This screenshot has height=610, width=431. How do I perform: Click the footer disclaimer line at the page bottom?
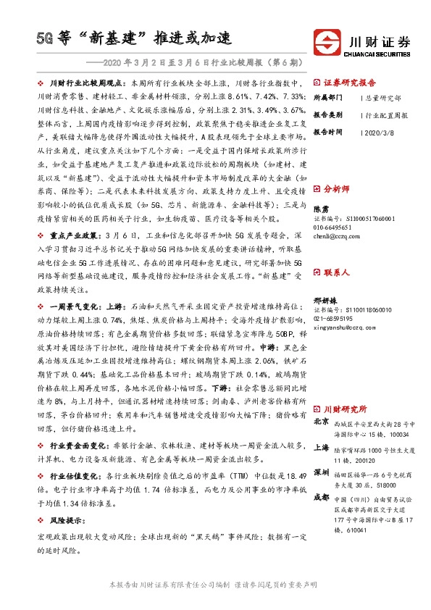215,584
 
